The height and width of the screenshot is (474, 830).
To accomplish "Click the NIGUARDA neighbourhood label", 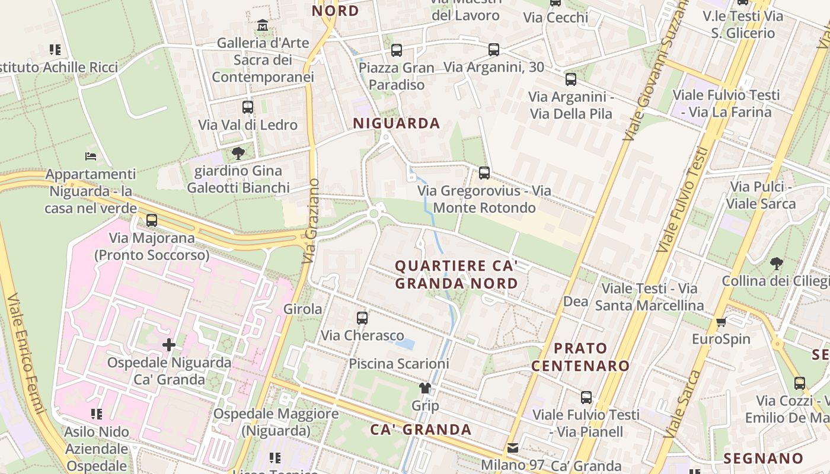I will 397,123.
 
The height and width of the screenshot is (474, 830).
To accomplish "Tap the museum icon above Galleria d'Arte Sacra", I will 263,25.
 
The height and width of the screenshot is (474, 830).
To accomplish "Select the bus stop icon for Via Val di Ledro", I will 248,107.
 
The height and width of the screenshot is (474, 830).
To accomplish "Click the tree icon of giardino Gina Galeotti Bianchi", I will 238,153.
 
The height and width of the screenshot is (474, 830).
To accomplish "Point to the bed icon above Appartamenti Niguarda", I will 91,156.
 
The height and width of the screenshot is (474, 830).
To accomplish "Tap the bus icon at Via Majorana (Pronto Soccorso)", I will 152,220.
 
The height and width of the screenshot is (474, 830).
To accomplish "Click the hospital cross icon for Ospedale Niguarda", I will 169,344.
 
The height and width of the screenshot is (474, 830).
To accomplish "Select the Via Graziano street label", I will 311,221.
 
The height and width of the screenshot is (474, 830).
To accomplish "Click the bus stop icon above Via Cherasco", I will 362,318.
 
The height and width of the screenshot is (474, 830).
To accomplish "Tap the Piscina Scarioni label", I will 398,363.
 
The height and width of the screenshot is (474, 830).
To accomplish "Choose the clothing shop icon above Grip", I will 425,388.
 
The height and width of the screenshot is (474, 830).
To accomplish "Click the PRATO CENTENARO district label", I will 580,357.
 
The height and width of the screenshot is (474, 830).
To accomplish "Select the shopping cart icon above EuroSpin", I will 721,322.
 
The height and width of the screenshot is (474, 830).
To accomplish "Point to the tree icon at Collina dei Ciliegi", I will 776,263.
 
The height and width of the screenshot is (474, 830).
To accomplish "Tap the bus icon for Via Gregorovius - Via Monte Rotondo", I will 484,173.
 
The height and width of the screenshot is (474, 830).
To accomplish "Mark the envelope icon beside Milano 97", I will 512,448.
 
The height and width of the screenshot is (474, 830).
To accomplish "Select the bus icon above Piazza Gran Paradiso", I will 397,50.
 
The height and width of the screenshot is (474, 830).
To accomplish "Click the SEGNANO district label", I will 763,458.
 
